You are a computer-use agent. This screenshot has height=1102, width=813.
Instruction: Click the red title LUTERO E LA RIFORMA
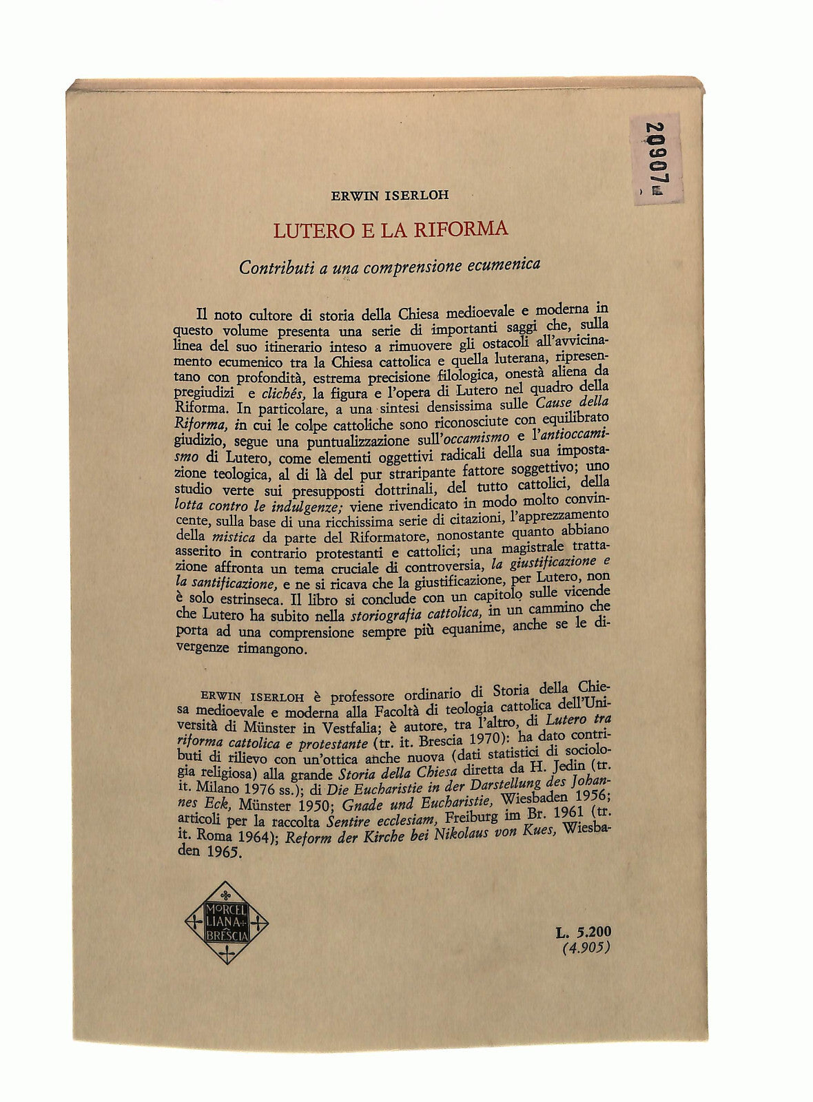tap(390, 229)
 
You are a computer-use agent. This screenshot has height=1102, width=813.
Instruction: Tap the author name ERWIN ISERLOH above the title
tap(390, 194)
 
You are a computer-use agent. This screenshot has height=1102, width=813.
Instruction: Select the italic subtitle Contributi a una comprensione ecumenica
tap(389, 266)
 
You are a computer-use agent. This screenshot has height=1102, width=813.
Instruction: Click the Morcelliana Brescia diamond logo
tap(227, 922)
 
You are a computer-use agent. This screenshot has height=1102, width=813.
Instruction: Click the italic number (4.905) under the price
tap(586, 948)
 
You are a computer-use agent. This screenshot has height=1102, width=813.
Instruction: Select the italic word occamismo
tap(476, 437)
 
